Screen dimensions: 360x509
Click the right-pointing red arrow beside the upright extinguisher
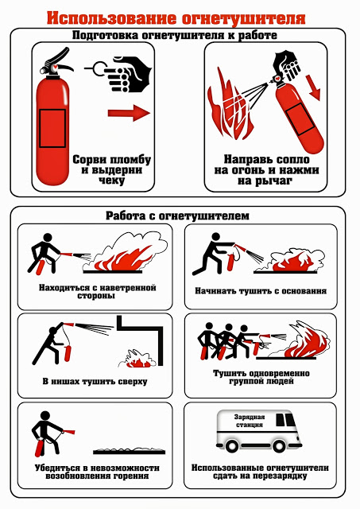[x=129, y=113]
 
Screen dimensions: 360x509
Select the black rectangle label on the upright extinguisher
[x=52, y=128]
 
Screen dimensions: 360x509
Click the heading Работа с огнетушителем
[x=177, y=216]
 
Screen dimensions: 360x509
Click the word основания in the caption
[x=304, y=291]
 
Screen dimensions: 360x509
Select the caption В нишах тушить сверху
[x=95, y=381]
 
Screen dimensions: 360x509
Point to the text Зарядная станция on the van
[x=250, y=421]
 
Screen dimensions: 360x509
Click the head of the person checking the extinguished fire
[x=45, y=416]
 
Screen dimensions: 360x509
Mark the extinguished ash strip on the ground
[x=129, y=451]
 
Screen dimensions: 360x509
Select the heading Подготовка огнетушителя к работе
[x=175, y=35]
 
